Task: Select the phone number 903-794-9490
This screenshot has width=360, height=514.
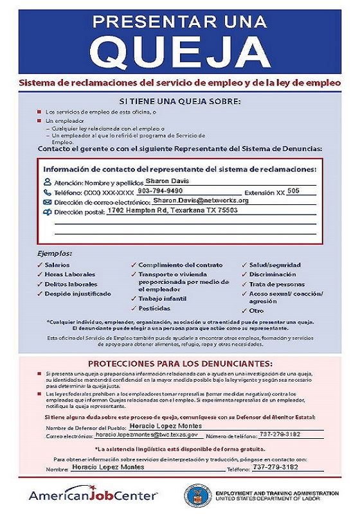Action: click(x=160, y=191)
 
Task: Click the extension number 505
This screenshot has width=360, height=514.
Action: click(x=293, y=191)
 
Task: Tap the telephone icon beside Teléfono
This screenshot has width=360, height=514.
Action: click(x=47, y=192)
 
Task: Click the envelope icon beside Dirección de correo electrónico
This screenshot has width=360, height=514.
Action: click(x=47, y=202)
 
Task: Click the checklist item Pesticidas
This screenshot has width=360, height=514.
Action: click(x=154, y=308)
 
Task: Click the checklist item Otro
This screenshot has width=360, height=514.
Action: click(x=256, y=310)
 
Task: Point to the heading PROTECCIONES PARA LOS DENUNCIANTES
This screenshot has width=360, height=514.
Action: click(x=180, y=363)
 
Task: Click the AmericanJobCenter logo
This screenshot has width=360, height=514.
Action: click(x=93, y=496)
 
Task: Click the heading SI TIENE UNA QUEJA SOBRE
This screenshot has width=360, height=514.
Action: click(x=180, y=101)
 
